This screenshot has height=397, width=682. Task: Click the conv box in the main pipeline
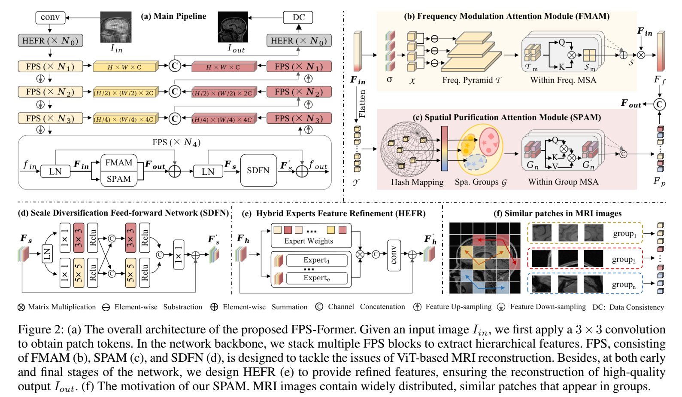click(50, 17)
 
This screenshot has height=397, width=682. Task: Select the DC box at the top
click(298, 17)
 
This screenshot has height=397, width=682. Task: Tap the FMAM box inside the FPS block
click(119, 162)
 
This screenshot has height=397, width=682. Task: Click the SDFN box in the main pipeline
click(258, 171)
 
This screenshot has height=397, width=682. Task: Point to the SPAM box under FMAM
click(119, 179)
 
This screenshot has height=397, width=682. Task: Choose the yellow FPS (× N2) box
click(50, 92)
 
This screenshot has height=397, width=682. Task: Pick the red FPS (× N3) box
click(299, 118)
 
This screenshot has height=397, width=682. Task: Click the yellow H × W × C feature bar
click(124, 67)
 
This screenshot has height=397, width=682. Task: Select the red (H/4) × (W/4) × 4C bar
click(223, 119)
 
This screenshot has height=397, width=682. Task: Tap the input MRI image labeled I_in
click(116, 27)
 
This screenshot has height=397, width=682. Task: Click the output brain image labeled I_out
click(233, 27)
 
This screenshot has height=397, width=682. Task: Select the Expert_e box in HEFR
click(316, 278)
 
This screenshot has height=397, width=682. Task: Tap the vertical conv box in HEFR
click(394, 255)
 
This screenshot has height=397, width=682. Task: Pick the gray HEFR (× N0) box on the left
click(50, 41)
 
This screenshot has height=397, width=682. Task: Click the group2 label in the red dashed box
click(624, 259)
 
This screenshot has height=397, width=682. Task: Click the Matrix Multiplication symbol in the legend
click(21, 307)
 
